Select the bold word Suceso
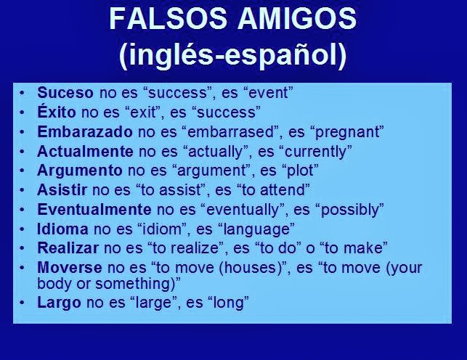[x=65, y=93]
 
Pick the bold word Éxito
[x=57, y=112]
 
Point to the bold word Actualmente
[x=85, y=152]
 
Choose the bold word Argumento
[x=80, y=171]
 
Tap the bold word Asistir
[x=62, y=190]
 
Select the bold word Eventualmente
[x=94, y=210]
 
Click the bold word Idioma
[x=62, y=229]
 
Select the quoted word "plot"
[x=300, y=171]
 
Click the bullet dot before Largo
[x=23, y=302]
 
